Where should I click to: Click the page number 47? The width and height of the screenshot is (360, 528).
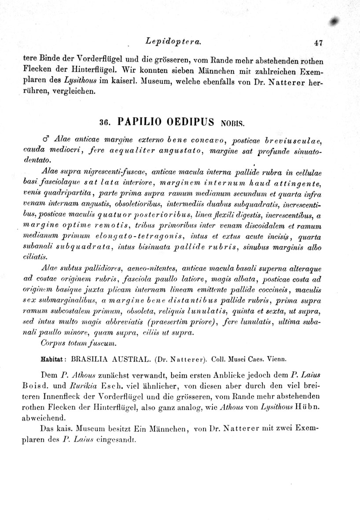pyautogui.click(x=319, y=43)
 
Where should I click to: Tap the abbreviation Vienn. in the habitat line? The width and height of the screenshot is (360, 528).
pyautogui.click(x=276, y=358)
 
